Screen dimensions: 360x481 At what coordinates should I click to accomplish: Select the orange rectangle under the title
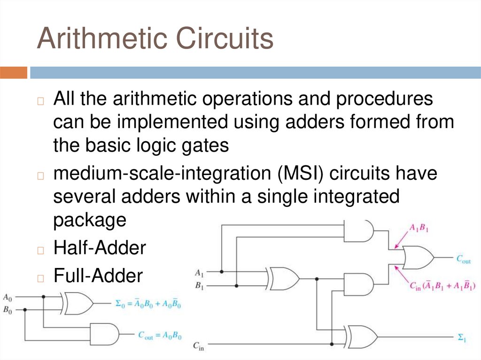[x=14, y=73]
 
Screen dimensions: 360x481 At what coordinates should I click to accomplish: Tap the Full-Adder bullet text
[x=98, y=276]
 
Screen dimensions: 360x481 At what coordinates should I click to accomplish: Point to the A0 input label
[x=8, y=297]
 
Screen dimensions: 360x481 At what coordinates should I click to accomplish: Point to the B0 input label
[x=8, y=309]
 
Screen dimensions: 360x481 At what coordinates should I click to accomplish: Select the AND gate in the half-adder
[x=104, y=334]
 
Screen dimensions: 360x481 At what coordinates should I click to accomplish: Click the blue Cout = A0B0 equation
[x=159, y=335]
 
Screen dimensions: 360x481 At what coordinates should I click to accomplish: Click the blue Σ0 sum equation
[x=148, y=304]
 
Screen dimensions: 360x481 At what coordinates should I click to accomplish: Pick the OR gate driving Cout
[x=418, y=257]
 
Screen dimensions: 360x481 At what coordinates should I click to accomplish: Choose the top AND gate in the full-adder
[x=359, y=231]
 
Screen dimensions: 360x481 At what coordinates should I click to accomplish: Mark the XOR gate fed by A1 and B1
[x=283, y=279]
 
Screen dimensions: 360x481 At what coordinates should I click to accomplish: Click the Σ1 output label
[x=461, y=337]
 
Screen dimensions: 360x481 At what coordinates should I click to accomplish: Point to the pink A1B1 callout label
[x=419, y=229]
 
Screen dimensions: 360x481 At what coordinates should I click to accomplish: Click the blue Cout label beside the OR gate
[x=463, y=258]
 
